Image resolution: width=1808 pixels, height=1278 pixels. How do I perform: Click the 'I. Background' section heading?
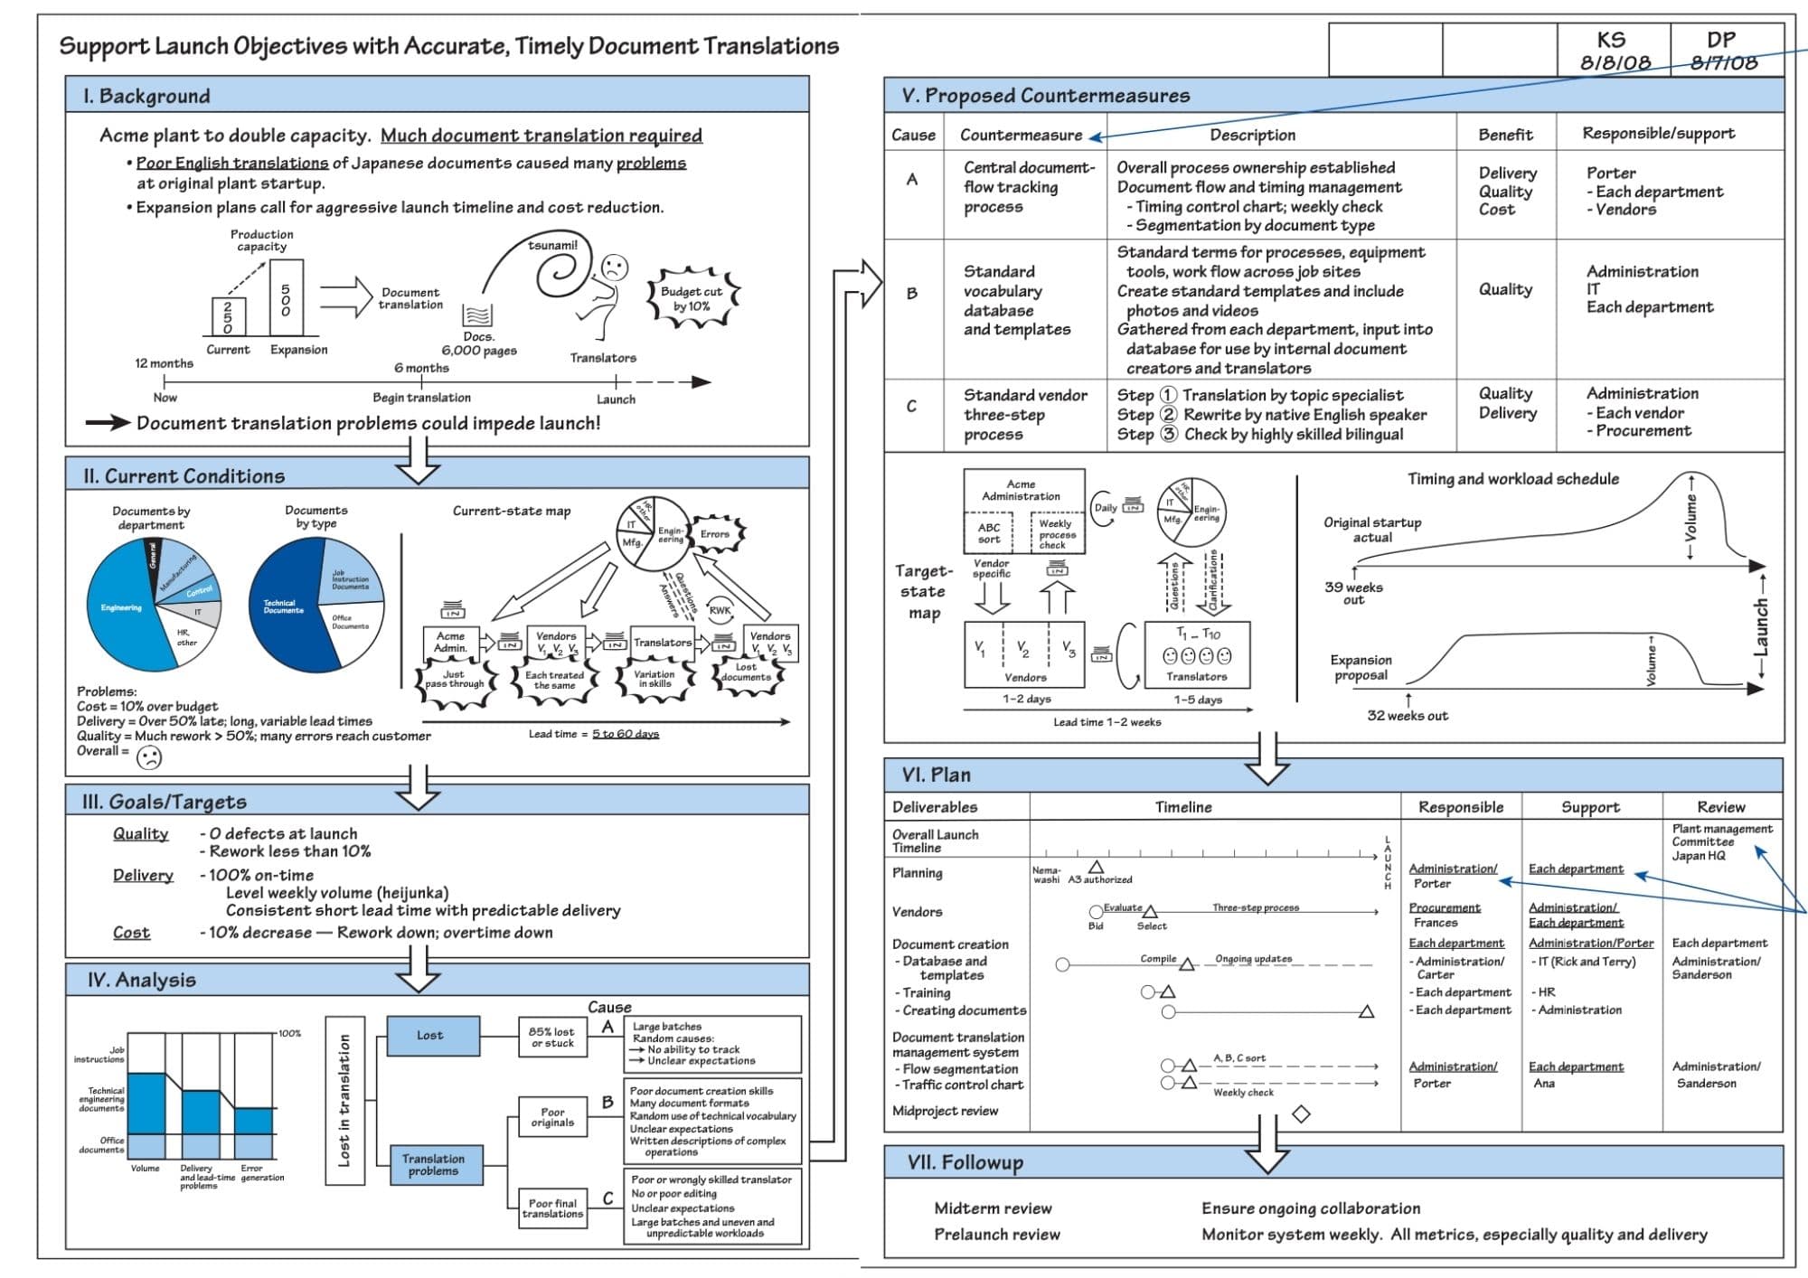coord(146,96)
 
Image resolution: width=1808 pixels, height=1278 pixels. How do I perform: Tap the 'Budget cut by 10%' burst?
coord(692,298)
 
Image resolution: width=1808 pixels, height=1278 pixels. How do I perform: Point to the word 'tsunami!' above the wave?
coord(552,245)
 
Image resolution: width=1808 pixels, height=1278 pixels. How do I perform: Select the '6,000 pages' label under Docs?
coord(479,351)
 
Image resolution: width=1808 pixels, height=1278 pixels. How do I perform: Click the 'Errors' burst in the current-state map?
coord(714,533)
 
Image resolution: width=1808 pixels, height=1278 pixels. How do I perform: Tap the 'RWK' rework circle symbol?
coord(720,610)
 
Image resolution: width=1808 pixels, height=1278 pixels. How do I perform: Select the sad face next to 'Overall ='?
coord(149,757)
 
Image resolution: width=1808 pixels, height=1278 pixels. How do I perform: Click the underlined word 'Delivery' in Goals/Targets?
coord(143,875)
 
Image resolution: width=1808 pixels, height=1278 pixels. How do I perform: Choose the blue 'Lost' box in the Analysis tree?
coord(431,1036)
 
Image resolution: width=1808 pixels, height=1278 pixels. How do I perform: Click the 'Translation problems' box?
coord(433,1165)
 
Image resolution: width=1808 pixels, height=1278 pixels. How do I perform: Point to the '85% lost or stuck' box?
coord(551,1037)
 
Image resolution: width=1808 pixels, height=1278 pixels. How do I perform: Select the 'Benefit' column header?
coord(1505,135)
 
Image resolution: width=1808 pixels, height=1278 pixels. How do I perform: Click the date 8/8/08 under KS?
coord(1615,62)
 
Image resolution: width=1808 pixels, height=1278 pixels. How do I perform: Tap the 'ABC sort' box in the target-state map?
coord(989,533)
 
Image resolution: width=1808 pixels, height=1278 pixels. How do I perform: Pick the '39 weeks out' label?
coord(1353,593)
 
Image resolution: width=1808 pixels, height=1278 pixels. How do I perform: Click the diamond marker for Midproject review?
coord(1301,1114)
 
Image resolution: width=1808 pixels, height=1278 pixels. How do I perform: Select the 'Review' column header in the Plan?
coord(1720,807)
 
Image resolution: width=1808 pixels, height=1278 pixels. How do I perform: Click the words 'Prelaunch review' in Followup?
coord(997,1235)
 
